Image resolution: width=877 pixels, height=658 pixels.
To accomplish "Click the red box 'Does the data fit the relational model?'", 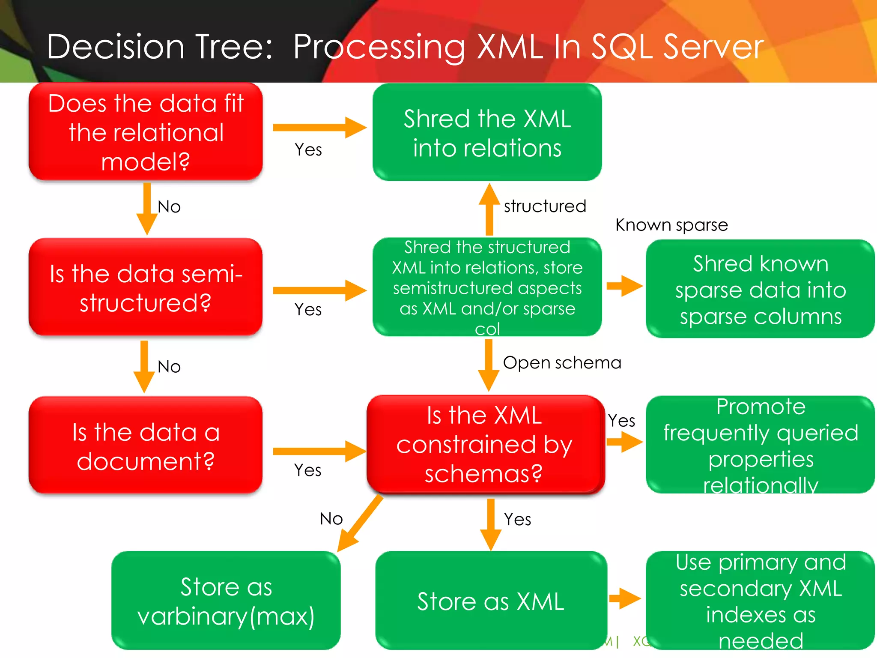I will [x=146, y=132].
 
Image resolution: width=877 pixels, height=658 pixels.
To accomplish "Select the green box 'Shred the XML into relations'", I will [x=487, y=133].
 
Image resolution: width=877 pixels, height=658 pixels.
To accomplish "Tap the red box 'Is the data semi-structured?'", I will [x=146, y=287].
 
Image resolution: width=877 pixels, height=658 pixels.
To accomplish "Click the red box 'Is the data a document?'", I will [x=146, y=446].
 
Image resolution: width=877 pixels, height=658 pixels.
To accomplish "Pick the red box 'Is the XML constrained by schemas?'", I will [x=485, y=445].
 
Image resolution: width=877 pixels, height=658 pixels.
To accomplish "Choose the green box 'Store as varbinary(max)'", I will [x=226, y=601].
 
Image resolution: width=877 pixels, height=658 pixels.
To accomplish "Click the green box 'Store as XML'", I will [x=491, y=601].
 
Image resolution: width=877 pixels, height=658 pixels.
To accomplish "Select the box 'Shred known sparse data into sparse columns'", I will [x=760, y=289].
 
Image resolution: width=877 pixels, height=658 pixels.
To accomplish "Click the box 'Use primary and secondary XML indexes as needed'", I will [x=760, y=601].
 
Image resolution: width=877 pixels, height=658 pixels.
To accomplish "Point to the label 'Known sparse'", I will [x=671, y=225].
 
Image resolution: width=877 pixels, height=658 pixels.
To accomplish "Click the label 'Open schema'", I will [x=562, y=363].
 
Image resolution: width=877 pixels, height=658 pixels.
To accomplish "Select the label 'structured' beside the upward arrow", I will [x=545, y=206].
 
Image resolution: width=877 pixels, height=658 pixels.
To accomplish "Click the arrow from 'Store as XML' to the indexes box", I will [x=624, y=598].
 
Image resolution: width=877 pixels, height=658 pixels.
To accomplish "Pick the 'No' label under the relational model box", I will [x=169, y=207].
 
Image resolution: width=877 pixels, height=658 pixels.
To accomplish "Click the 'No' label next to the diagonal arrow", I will [x=331, y=519].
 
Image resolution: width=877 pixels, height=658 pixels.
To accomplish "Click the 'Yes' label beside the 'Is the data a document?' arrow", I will [x=307, y=470].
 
